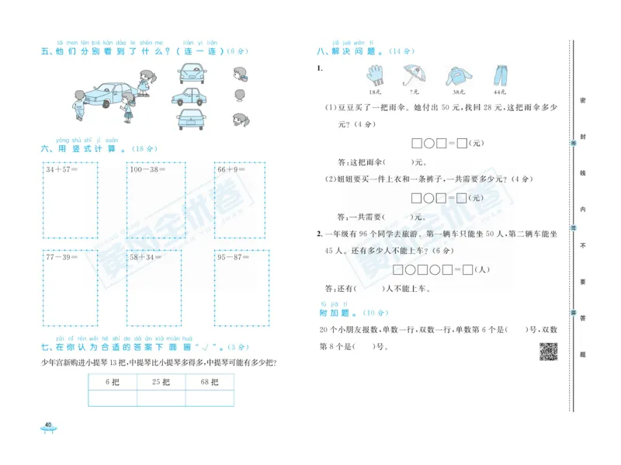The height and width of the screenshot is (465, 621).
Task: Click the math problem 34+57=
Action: point(62,168)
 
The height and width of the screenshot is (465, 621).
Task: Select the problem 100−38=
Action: point(147,168)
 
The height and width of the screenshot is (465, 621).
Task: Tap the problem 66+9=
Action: point(232,168)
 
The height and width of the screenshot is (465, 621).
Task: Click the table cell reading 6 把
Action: point(111,382)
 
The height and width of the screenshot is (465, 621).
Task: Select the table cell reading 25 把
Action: point(161,382)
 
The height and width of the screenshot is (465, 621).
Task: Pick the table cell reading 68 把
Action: point(210,382)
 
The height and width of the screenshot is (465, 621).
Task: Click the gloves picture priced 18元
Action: point(376,75)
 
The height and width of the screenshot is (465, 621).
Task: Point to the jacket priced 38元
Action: point(457,76)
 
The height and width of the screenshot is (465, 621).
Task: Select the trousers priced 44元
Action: point(500,75)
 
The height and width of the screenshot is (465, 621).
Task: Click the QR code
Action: point(548,351)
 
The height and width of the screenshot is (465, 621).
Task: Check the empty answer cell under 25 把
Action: point(161,398)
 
